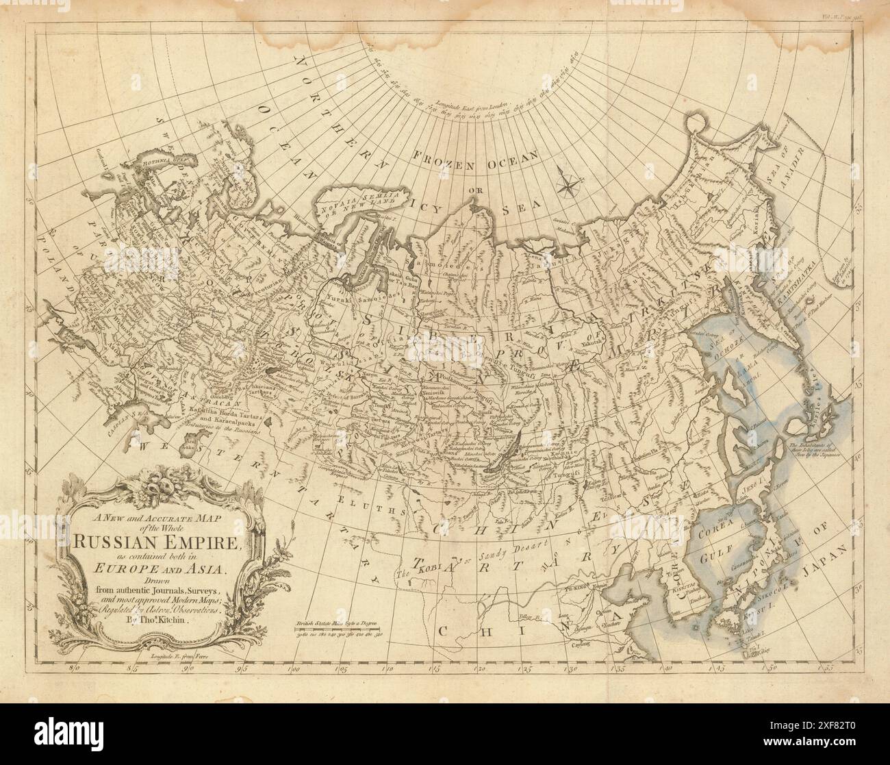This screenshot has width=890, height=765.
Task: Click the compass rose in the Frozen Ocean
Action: coord(568,181)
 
